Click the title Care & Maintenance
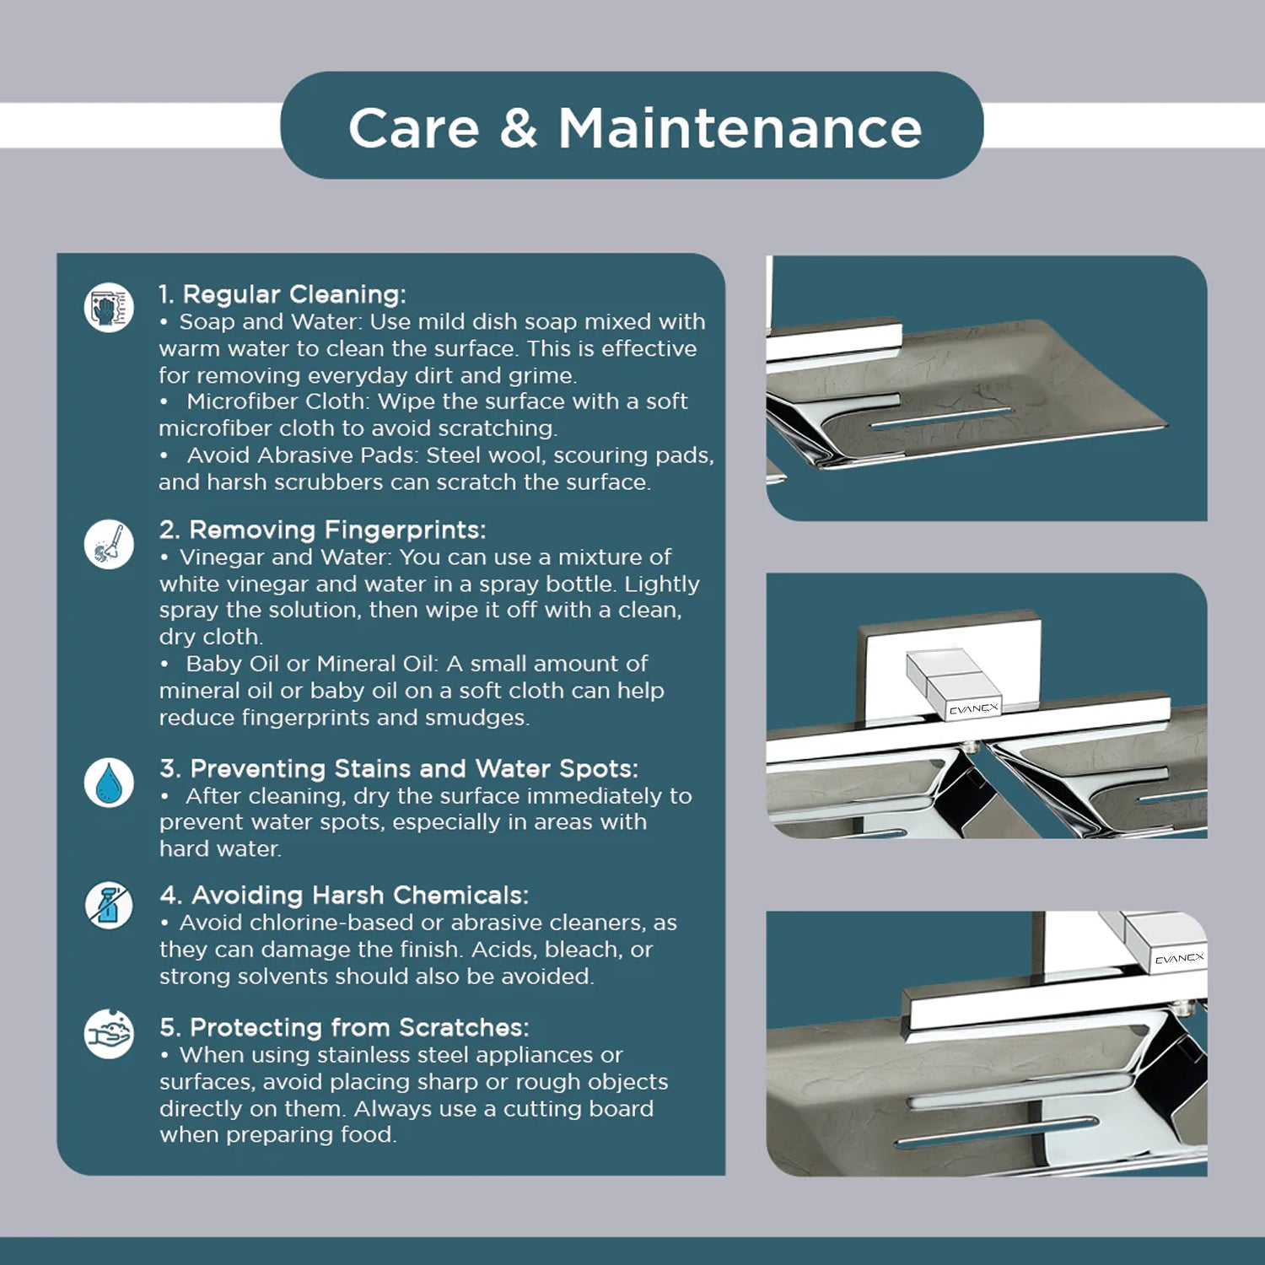tap(635, 128)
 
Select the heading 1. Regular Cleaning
tap(283, 294)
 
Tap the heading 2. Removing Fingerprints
tap(322, 530)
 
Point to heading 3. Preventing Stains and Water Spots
tap(399, 768)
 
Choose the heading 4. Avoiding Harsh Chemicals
tap(344, 895)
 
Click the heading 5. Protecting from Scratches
tap(344, 1027)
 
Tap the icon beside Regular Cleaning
tap(109, 307)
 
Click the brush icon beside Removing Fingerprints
tap(109, 543)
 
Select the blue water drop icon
tap(109, 782)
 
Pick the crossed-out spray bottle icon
tap(109, 906)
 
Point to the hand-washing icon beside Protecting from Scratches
tap(109, 1033)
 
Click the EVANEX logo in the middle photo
tap(973, 709)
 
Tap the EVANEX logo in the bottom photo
tap(1180, 959)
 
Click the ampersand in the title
tap(518, 129)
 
